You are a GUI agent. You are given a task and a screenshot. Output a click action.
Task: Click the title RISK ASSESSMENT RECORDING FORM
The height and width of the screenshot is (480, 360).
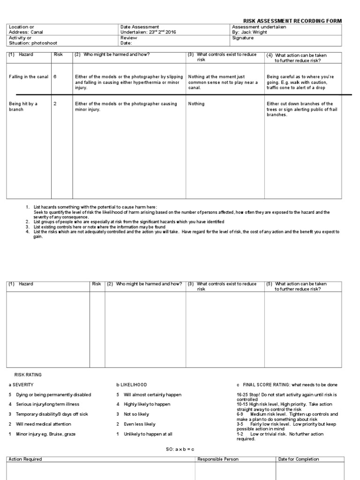(x=292, y=21)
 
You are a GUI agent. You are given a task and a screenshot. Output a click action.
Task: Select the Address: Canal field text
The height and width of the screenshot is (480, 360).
(x=26, y=32)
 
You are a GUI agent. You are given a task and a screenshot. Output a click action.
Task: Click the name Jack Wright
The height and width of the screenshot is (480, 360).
(x=253, y=32)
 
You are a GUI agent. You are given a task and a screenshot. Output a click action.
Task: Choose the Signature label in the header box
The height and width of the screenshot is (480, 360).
(x=242, y=38)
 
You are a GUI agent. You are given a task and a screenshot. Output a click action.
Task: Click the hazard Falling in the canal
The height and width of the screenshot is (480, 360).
(x=29, y=76)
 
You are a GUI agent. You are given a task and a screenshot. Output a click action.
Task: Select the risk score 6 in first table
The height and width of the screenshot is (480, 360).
(x=55, y=76)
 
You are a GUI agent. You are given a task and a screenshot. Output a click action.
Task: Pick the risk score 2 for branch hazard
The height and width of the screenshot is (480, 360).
(x=55, y=104)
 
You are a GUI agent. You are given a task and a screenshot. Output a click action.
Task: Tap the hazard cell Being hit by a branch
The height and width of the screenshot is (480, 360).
(x=23, y=107)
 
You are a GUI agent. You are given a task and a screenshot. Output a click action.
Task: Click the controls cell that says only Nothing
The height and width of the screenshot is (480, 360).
(x=196, y=104)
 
